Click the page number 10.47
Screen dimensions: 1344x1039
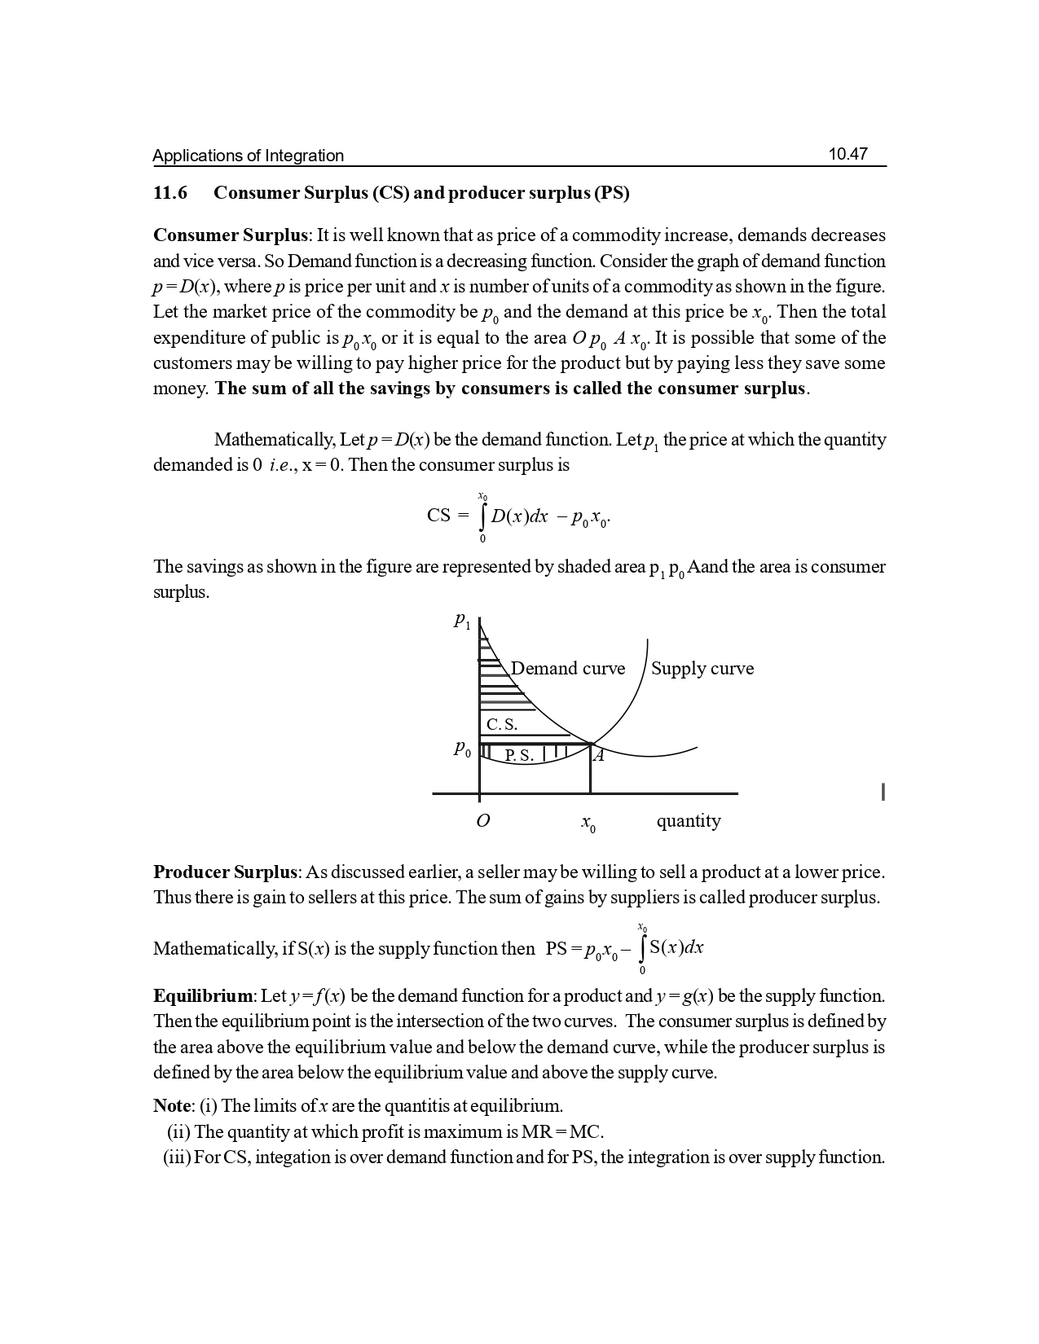pos(847,154)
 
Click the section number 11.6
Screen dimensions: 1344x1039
pos(170,193)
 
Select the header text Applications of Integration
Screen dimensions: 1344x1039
pos(248,156)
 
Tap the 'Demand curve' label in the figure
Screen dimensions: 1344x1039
pos(568,669)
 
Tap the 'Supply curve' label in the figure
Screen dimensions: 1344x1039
pos(702,669)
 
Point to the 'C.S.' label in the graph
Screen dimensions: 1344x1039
pos(501,724)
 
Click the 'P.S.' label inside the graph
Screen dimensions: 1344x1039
pos(519,756)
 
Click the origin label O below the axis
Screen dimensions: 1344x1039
pos(482,821)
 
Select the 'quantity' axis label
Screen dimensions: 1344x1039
pos(689,820)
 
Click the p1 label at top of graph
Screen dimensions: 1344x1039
pos(462,621)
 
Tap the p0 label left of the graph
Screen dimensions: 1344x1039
pos(462,749)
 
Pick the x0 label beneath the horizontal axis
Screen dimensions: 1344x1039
pos(588,824)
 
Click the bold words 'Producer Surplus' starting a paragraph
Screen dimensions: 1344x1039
pos(225,872)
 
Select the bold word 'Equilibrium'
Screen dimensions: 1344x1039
pos(204,996)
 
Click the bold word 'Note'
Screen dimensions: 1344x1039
pos(171,1106)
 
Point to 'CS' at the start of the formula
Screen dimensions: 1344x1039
pos(438,516)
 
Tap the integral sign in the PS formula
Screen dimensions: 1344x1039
pos(644,948)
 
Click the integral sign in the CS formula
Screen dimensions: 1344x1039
pos(483,516)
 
